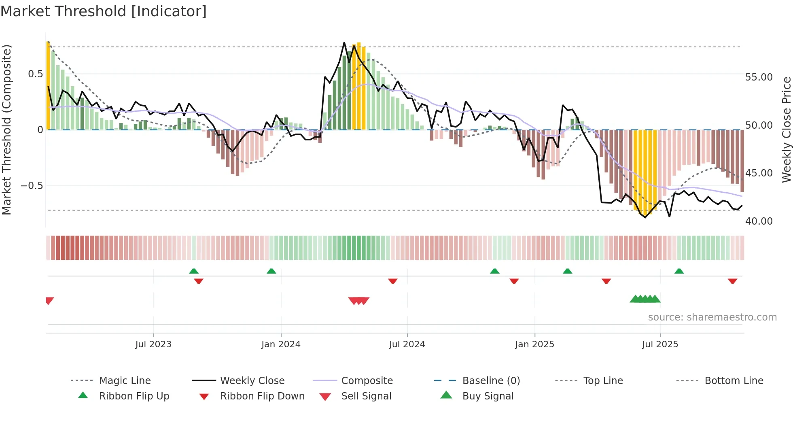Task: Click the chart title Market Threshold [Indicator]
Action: [104, 11]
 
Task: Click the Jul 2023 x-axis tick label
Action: [153, 344]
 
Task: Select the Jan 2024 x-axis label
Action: [281, 344]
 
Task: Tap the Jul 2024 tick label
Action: [407, 344]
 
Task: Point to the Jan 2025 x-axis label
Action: [534, 344]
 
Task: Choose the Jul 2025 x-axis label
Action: [660, 344]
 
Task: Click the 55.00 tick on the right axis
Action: [759, 77]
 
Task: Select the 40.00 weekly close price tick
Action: [759, 221]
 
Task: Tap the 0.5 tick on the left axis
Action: [35, 74]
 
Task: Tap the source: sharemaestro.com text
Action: [712, 317]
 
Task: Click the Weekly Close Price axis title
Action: [786, 130]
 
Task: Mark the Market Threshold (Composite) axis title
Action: [6, 130]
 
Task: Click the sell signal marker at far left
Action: [49, 300]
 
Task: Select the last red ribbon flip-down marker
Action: [732, 281]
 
